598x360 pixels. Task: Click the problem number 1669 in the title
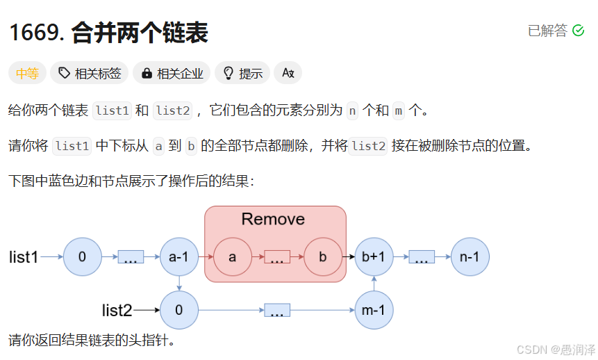34,33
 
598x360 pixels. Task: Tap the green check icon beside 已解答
578,31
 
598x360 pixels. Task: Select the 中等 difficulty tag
28,73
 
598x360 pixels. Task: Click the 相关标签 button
90,73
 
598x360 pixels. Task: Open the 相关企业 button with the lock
172,73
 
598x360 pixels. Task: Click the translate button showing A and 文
288,73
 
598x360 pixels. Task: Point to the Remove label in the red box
273,220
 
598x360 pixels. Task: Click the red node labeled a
233,257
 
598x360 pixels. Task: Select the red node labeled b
322,257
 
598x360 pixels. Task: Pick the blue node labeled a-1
179,257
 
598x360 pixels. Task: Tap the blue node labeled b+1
374,257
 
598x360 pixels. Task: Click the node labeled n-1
470,257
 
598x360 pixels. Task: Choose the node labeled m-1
374,310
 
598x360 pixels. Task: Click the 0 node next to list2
179,310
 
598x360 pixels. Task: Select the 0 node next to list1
82,257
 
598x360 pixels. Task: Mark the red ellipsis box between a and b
277,257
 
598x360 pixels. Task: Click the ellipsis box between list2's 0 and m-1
277,311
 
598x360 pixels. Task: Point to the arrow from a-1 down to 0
179,283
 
